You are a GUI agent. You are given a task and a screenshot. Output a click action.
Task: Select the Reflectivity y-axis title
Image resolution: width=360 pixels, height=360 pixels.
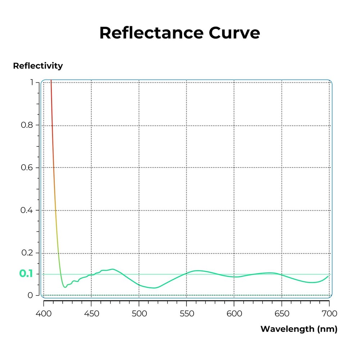pos(38,66)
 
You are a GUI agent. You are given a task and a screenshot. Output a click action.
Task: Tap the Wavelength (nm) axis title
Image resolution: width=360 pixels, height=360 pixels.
pos(298,329)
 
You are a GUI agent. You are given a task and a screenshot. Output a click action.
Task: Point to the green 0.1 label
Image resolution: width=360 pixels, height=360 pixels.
pos(26,274)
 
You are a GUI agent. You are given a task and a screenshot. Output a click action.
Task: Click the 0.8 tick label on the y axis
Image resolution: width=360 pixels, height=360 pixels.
pos(27,125)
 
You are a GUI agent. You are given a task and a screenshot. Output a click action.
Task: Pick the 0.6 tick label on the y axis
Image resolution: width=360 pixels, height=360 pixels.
pos(27,168)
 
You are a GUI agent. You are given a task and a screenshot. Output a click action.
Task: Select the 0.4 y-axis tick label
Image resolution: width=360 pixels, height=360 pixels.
pos(27,210)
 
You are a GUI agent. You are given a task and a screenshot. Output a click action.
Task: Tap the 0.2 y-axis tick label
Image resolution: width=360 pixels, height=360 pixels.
pos(27,253)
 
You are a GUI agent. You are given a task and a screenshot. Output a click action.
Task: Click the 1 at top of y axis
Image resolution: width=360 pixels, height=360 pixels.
pos(32,82)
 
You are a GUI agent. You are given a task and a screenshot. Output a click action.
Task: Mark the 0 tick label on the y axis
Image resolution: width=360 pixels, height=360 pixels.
pos(31,295)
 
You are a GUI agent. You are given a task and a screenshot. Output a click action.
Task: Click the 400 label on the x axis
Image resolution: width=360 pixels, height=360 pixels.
pos(44,314)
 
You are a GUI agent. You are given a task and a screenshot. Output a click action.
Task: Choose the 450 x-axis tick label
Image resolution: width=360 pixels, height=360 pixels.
pos(91,314)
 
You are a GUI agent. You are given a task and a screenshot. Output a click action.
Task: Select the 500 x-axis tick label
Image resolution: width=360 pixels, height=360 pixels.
pos(139,314)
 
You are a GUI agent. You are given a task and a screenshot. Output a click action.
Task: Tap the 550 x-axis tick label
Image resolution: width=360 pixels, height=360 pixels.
pos(186,314)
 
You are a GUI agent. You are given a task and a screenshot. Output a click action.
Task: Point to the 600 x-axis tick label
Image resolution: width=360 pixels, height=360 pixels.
pos(234,314)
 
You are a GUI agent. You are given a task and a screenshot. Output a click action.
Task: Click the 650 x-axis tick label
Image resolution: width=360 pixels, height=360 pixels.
pos(282,314)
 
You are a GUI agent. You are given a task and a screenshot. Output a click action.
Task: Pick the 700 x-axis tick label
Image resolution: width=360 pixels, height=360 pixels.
pos(329,314)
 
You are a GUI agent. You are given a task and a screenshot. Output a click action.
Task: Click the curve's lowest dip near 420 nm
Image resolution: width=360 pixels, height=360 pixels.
pos(65,287)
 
